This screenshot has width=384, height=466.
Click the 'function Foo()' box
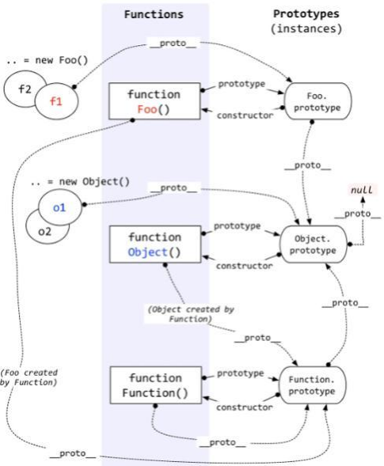[154, 101]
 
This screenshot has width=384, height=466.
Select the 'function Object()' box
[155, 244]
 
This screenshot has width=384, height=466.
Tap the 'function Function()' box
[155, 385]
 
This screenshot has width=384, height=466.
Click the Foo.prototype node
[317, 101]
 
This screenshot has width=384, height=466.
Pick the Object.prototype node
[314, 244]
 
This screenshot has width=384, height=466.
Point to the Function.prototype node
[312, 385]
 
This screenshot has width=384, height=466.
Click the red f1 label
[56, 101]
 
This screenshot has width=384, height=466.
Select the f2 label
[25, 89]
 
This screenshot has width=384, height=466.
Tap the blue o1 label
[59, 207]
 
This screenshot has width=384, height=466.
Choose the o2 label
[44, 231]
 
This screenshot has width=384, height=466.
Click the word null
[362, 190]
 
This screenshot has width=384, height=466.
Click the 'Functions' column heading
[154, 14]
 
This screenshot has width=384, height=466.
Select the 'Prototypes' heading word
[306, 13]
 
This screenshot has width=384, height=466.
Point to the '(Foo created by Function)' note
[29, 377]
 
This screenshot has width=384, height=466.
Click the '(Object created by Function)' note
[191, 314]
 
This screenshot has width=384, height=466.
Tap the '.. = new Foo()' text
[48, 60]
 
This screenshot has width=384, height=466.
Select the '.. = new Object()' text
[80, 182]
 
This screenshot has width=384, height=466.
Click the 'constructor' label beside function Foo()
[245, 116]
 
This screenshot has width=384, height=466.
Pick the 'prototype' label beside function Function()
[241, 373]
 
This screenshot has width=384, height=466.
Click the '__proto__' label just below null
[357, 214]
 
